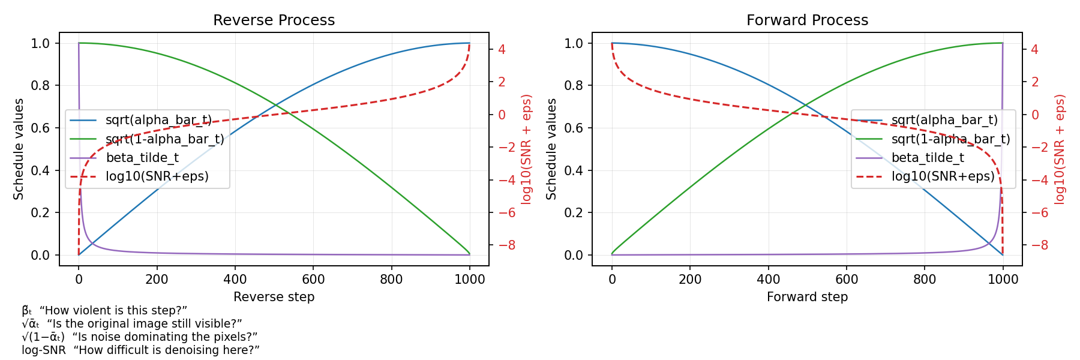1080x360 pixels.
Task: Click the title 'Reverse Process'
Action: click(274, 20)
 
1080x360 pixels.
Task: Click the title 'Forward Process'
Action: click(807, 20)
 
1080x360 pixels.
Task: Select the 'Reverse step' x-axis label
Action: click(274, 296)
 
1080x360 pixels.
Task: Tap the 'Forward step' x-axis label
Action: click(807, 296)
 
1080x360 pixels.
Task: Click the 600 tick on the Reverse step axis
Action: click(313, 279)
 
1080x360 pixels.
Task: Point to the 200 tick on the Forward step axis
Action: click(690, 279)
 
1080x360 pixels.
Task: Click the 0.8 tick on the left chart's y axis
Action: click(40, 86)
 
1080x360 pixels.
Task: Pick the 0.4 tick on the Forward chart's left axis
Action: click(574, 170)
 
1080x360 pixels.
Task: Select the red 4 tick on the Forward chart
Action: click(1034, 49)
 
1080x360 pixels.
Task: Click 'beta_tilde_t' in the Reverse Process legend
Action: click(142, 158)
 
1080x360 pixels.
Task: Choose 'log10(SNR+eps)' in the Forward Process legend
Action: click(943, 176)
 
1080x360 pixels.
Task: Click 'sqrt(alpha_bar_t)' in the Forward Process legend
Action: click(944, 120)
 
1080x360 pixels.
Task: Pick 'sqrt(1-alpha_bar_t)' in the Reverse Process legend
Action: click(164, 139)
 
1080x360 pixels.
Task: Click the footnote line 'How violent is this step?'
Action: click(104, 310)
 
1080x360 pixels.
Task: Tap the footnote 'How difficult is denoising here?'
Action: click(140, 350)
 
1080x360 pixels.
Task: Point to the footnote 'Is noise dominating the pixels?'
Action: click(139, 337)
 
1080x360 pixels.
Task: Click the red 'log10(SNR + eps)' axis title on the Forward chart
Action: click(1060, 149)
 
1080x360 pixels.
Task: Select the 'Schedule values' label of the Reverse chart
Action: click(19, 149)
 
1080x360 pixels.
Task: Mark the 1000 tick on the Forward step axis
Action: click(1003, 279)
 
